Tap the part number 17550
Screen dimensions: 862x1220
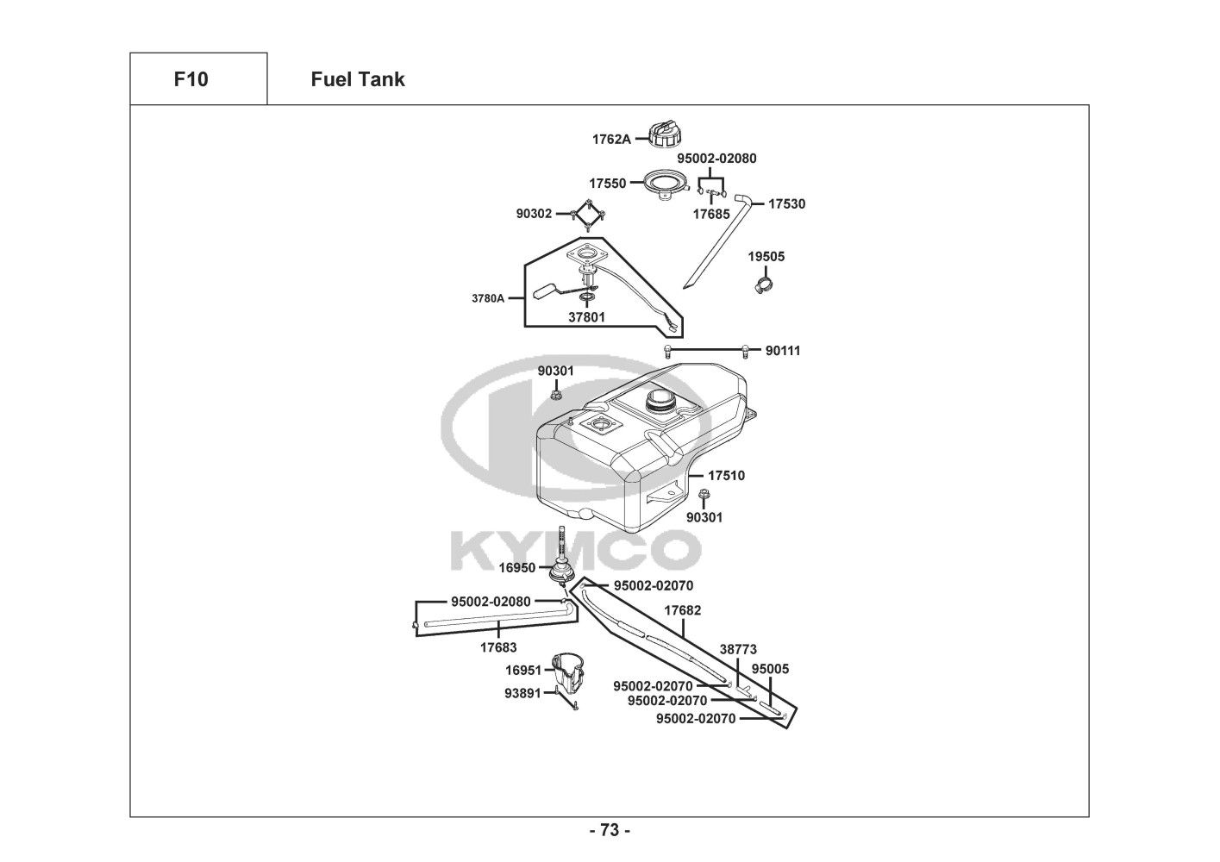[x=608, y=184]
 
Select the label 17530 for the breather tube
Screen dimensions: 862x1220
[x=786, y=204]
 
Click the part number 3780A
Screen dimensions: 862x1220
[x=488, y=299]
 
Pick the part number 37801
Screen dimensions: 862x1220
[x=586, y=317]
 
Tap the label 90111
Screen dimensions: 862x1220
[x=783, y=351]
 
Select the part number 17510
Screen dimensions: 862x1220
[x=727, y=475]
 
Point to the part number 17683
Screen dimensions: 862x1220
[x=498, y=646]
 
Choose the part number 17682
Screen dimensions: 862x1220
[x=682, y=610]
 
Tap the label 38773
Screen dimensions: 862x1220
[x=738, y=650]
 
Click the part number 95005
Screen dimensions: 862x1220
[x=770, y=669]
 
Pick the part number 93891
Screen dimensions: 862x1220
[x=523, y=692]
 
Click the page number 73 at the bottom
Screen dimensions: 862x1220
[x=610, y=831]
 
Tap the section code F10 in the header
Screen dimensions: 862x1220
[x=191, y=79]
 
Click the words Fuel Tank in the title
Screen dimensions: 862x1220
[x=358, y=79]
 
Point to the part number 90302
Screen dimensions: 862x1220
[x=534, y=213]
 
